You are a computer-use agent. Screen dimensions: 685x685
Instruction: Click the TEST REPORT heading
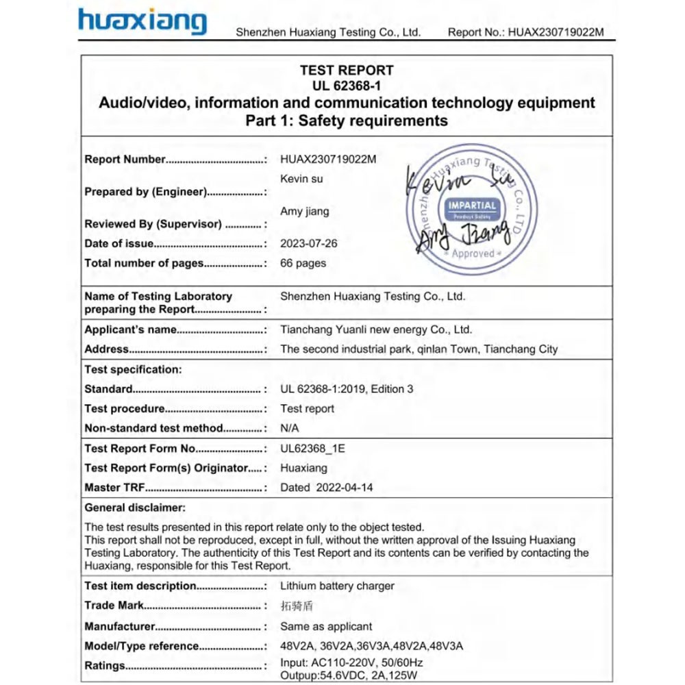pyautogui.click(x=347, y=70)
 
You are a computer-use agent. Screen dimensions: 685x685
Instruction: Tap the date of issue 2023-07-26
pyautogui.click(x=309, y=243)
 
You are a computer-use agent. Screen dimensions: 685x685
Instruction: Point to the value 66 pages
pyautogui.click(x=303, y=263)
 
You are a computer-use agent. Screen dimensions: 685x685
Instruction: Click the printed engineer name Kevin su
pyautogui.click(x=301, y=179)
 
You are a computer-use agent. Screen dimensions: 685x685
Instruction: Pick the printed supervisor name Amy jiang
pyautogui.click(x=305, y=212)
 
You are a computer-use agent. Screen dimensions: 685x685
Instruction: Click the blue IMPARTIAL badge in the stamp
pyautogui.click(x=473, y=207)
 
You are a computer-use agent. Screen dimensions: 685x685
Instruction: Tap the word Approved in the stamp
pyautogui.click(x=473, y=253)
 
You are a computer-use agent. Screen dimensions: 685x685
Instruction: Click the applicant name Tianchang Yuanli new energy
pyautogui.click(x=376, y=329)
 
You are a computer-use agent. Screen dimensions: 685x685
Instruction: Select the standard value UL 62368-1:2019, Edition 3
pyautogui.click(x=347, y=389)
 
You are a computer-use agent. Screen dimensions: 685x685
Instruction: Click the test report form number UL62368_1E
pyautogui.click(x=313, y=449)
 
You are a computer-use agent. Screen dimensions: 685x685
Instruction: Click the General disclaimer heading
pyautogui.click(x=135, y=508)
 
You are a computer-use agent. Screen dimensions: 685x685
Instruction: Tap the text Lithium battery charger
pyautogui.click(x=337, y=586)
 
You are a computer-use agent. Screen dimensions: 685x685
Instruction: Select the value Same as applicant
pyautogui.click(x=326, y=626)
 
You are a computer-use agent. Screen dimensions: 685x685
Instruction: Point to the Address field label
pyautogui.click(x=107, y=349)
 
